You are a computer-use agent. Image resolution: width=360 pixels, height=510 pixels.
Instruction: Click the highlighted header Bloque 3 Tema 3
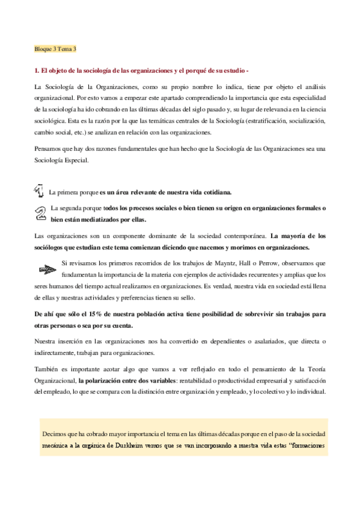click(55, 48)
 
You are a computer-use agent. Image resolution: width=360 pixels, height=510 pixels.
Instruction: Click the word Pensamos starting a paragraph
click(48, 149)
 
